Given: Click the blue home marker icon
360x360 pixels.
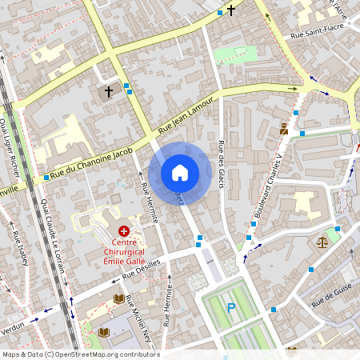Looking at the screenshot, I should pos(180,173).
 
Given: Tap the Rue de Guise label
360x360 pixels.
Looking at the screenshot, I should pos(332,296).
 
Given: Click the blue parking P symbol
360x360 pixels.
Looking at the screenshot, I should pos(231,308).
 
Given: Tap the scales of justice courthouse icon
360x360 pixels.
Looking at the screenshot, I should pos(323,240).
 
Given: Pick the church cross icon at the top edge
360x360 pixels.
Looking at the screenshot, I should pos(232,10).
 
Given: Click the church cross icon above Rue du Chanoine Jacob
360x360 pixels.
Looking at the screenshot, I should pos(108,92).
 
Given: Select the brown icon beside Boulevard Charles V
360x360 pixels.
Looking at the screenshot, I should pos(284,129).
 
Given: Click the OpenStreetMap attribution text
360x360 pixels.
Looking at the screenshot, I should pos(81,354).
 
